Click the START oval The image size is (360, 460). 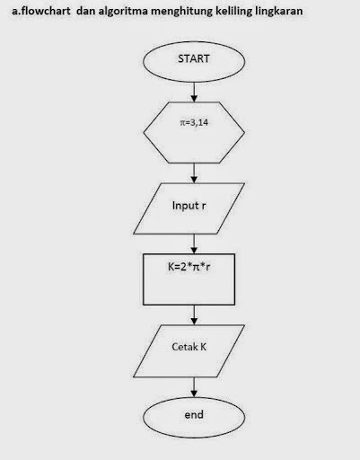point(194,60)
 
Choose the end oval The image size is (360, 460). point(194,415)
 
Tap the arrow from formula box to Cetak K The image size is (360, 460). point(195,316)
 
